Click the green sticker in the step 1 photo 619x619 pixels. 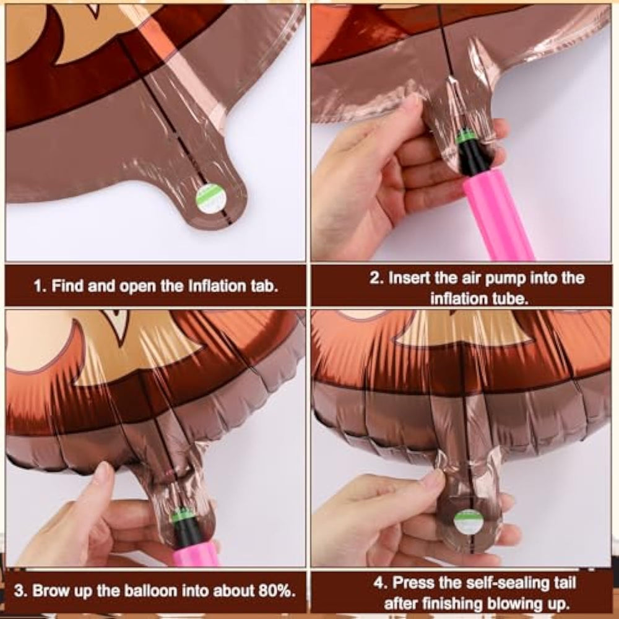pyautogui.click(x=211, y=197)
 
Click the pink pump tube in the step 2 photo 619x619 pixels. pyautogui.click(x=498, y=215)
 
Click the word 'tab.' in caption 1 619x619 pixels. pyautogui.click(x=264, y=285)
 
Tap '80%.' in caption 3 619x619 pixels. pyautogui.click(x=277, y=591)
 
